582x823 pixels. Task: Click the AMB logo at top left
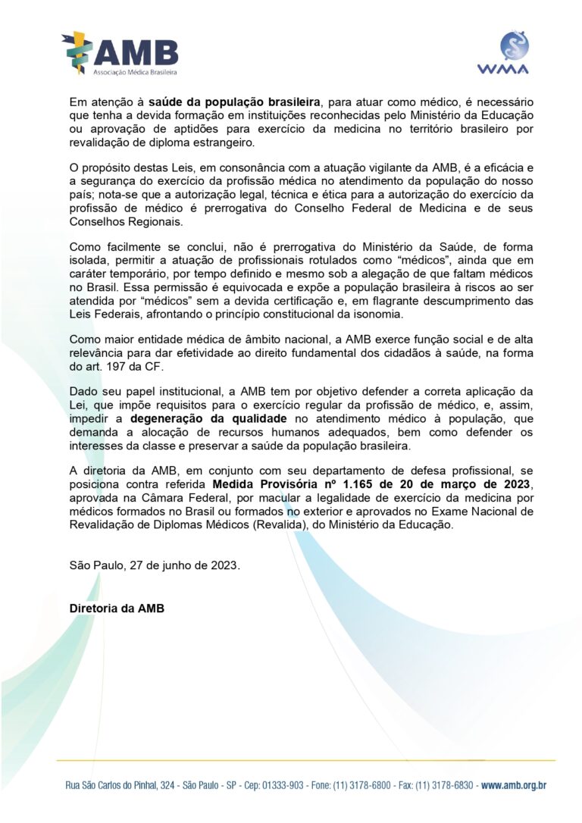(120, 53)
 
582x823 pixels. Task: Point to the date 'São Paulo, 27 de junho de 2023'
(155, 565)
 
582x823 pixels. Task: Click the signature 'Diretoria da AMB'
(116, 609)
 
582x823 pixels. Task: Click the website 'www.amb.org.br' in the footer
(513, 786)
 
